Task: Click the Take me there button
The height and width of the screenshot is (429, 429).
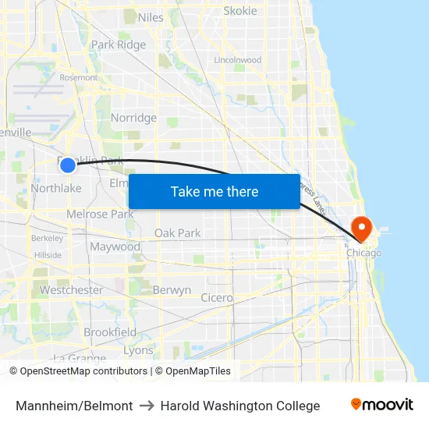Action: [x=214, y=192]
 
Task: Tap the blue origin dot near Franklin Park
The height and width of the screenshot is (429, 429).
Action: [x=68, y=165]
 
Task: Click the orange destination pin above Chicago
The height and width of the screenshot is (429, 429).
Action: [x=362, y=228]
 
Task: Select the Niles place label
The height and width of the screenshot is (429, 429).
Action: [x=151, y=17]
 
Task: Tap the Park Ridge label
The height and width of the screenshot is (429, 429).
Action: [x=119, y=44]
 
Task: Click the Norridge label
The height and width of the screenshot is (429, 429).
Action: [x=133, y=118]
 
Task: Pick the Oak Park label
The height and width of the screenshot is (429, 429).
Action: [x=177, y=232]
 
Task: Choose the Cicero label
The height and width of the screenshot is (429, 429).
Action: [x=216, y=297]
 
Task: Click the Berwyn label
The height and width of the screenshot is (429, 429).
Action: [x=172, y=290]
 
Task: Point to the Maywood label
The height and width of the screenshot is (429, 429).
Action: [x=115, y=246]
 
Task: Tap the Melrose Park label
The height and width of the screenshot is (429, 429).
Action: [x=100, y=214]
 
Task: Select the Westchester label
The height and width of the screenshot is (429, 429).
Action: [x=71, y=290]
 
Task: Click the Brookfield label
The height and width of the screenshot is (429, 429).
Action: [x=110, y=332]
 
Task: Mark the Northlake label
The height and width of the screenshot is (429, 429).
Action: [x=56, y=188]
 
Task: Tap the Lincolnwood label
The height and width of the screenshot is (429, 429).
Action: [x=237, y=59]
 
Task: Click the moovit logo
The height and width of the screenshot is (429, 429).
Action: [x=381, y=405]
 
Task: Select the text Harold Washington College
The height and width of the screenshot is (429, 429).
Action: [x=240, y=406]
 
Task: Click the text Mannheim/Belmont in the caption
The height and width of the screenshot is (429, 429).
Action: [x=74, y=406]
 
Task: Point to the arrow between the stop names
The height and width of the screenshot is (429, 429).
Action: [x=147, y=406]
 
